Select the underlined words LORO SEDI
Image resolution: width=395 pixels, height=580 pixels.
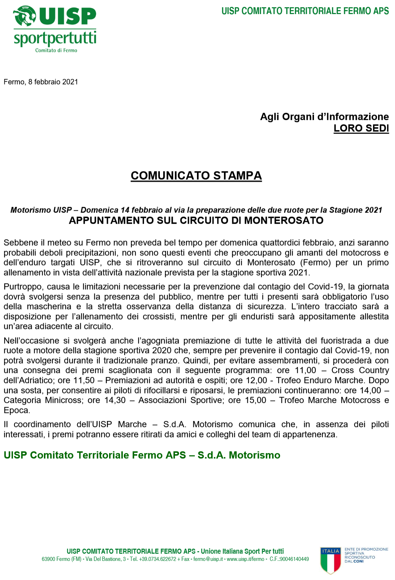pyautogui.click(x=361, y=128)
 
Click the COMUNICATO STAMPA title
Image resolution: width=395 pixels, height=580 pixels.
pyautogui.click(x=196, y=175)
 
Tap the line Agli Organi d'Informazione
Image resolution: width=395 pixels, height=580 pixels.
pyautogui.click(x=324, y=117)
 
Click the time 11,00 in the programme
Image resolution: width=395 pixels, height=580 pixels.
pyautogui.click(x=305, y=370)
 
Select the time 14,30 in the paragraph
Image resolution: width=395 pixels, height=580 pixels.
pyautogui.click(x=115, y=400)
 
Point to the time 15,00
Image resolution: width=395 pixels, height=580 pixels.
pyautogui.click(x=255, y=400)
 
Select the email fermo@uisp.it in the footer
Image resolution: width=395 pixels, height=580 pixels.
pyautogui.click(x=208, y=559)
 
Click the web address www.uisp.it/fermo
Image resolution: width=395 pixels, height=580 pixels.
pyautogui.click(x=246, y=559)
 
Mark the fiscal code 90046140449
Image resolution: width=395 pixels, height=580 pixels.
pyautogui.click(x=294, y=559)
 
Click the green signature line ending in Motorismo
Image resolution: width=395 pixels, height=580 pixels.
pyautogui.click(x=142, y=455)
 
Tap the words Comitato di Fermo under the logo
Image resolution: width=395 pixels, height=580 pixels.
pyautogui.click(x=56, y=50)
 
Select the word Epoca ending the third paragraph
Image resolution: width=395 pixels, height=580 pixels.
pyautogui.click(x=17, y=410)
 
